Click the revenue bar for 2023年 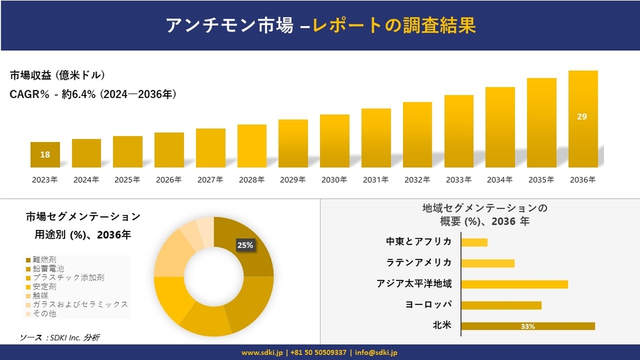click(x=45, y=154)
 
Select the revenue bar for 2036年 click(x=582, y=119)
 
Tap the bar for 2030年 click(x=334, y=141)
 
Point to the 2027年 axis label click(x=210, y=180)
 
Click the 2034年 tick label click(x=500, y=180)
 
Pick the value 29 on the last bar click(x=582, y=117)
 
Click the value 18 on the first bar click(x=45, y=155)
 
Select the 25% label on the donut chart click(x=245, y=245)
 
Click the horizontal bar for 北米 click(x=528, y=326)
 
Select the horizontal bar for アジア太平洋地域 click(x=514, y=284)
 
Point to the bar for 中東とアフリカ click(x=474, y=242)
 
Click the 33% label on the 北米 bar click(x=528, y=327)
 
